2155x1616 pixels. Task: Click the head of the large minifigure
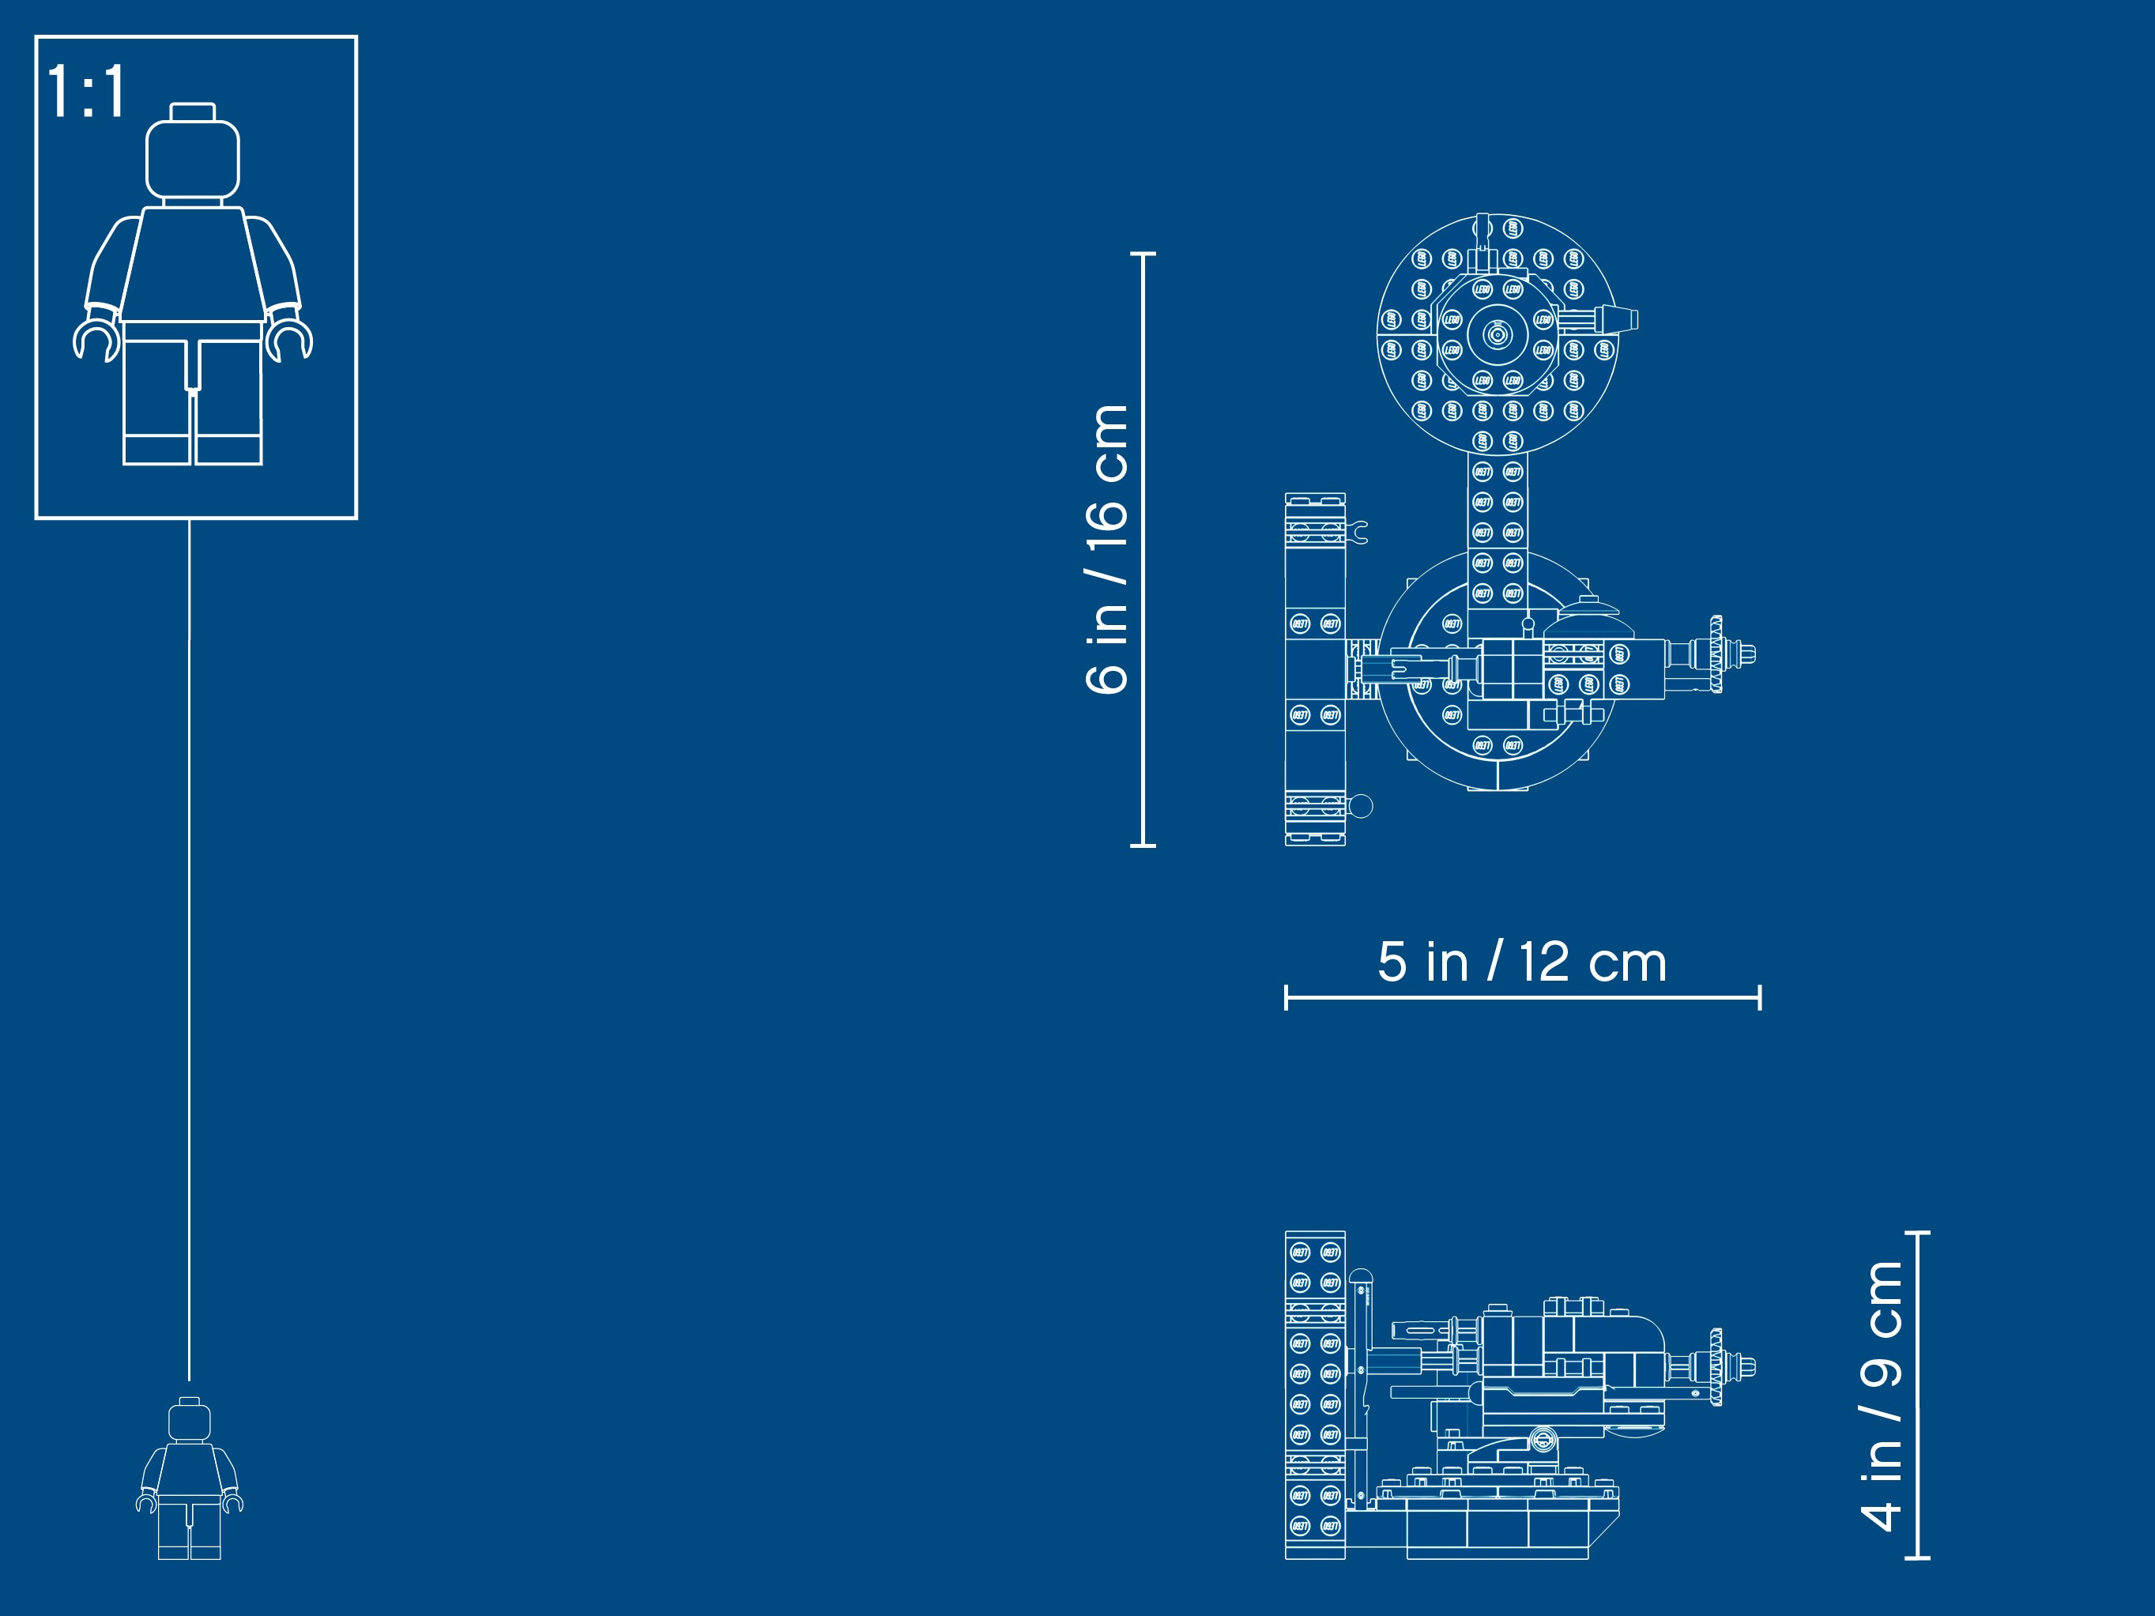pyautogui.click(x=193, y=159)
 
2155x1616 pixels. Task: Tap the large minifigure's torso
pyautogui.click(x=193, y=263)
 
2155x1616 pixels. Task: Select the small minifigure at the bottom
pyautogui.click(x=190, y=1478)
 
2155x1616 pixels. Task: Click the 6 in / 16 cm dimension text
pyautogui.click(x=1106, y=549)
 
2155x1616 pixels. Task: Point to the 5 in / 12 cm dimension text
pyautogui.click(x=1522, y=962)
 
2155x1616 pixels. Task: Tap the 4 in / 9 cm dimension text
pyautogui.click(x=1880, y=1395)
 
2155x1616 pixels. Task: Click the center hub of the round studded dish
pyautogui.click(x=1498, y=335)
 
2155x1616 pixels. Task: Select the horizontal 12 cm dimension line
pyautogui.click(x=1523, y=997)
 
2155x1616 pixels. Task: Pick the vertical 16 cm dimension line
pyautogui.click(x=1143, y=549)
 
